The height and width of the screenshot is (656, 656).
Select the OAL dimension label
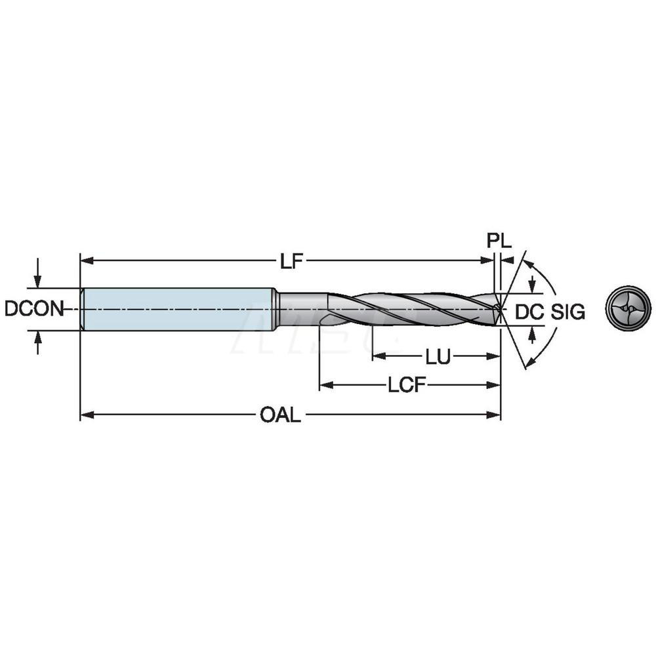tap(280, 415)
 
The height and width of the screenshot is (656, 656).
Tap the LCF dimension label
tap(403, 386)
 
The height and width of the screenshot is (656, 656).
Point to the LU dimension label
tap(438, 357)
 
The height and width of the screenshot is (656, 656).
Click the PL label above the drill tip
tap(499, 241)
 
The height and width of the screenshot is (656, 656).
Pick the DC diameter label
tap(528, 312)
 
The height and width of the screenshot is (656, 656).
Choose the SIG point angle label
tap(567, 312)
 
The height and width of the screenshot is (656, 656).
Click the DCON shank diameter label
tap(34, 309)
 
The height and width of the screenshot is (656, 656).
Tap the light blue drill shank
tap(177, 309)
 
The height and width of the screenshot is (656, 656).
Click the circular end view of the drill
tap(628, 308)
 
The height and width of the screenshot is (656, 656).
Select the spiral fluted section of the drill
tap(407, 309)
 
